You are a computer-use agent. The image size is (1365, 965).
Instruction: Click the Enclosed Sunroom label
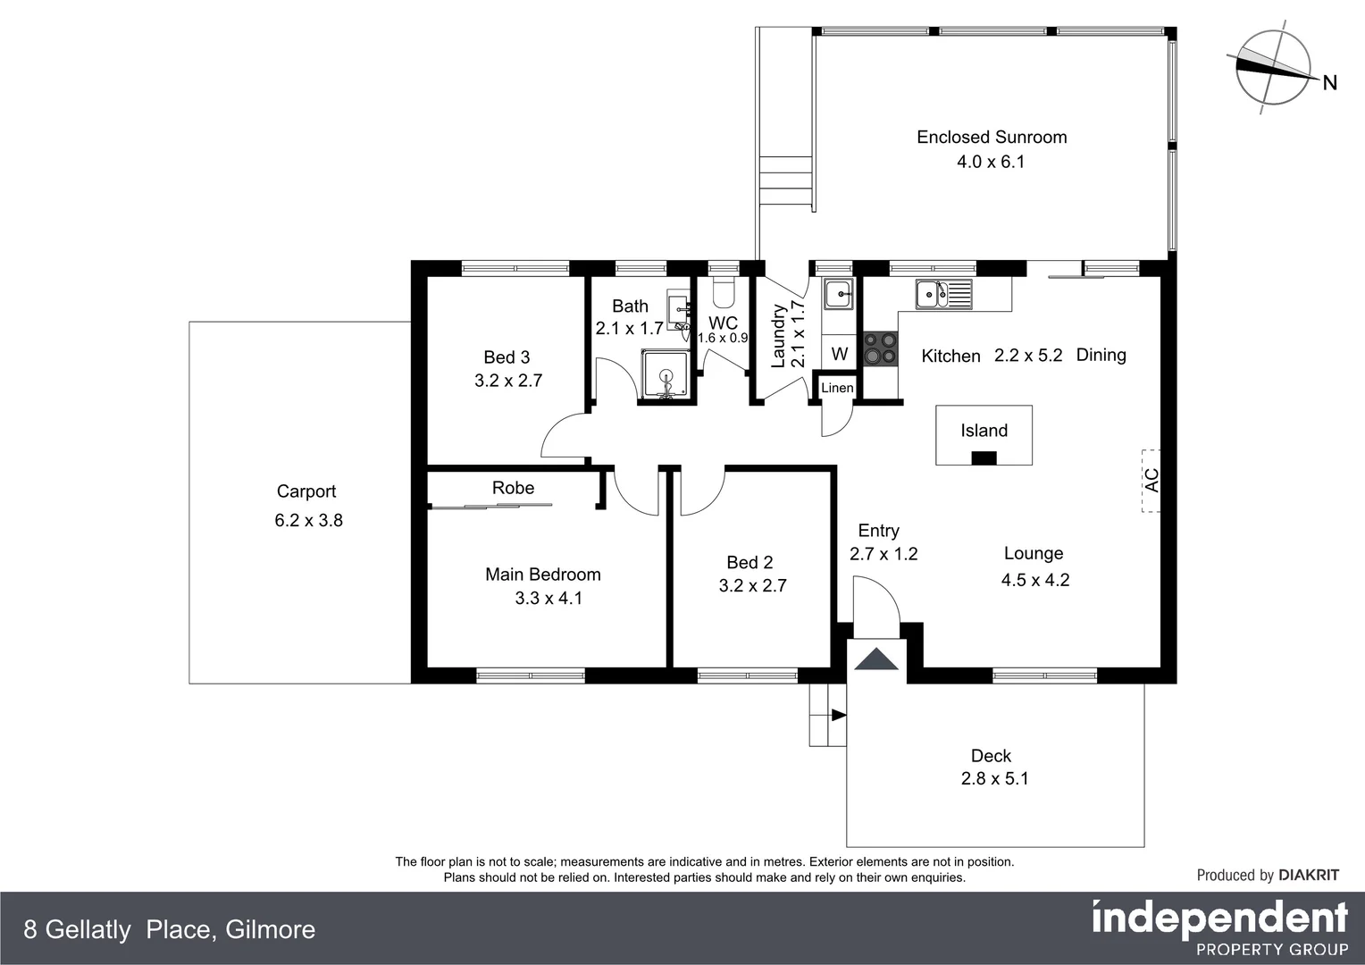992,137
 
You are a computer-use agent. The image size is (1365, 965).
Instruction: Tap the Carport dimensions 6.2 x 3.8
308,520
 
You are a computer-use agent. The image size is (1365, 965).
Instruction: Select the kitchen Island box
984,435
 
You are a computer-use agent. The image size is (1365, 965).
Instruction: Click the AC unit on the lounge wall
1151,480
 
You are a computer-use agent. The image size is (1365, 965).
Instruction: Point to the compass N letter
1329,83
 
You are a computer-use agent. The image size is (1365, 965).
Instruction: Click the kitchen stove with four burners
879,348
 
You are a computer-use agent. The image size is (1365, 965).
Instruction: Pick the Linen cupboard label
837,388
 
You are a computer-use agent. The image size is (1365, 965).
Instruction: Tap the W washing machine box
839,354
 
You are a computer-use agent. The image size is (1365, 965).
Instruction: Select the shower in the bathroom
666,375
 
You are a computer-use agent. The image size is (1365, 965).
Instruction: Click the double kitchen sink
942,292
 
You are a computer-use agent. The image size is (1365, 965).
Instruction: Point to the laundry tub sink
838,293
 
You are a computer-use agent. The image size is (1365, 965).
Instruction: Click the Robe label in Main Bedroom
513,488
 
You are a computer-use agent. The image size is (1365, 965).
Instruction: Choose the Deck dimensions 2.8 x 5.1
994,778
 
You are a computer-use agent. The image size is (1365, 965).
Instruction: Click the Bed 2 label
749,562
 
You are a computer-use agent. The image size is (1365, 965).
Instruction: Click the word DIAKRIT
1309,875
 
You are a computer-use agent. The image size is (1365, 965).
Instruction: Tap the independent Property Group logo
1219,927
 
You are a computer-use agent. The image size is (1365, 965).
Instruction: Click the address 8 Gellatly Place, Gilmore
170,930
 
